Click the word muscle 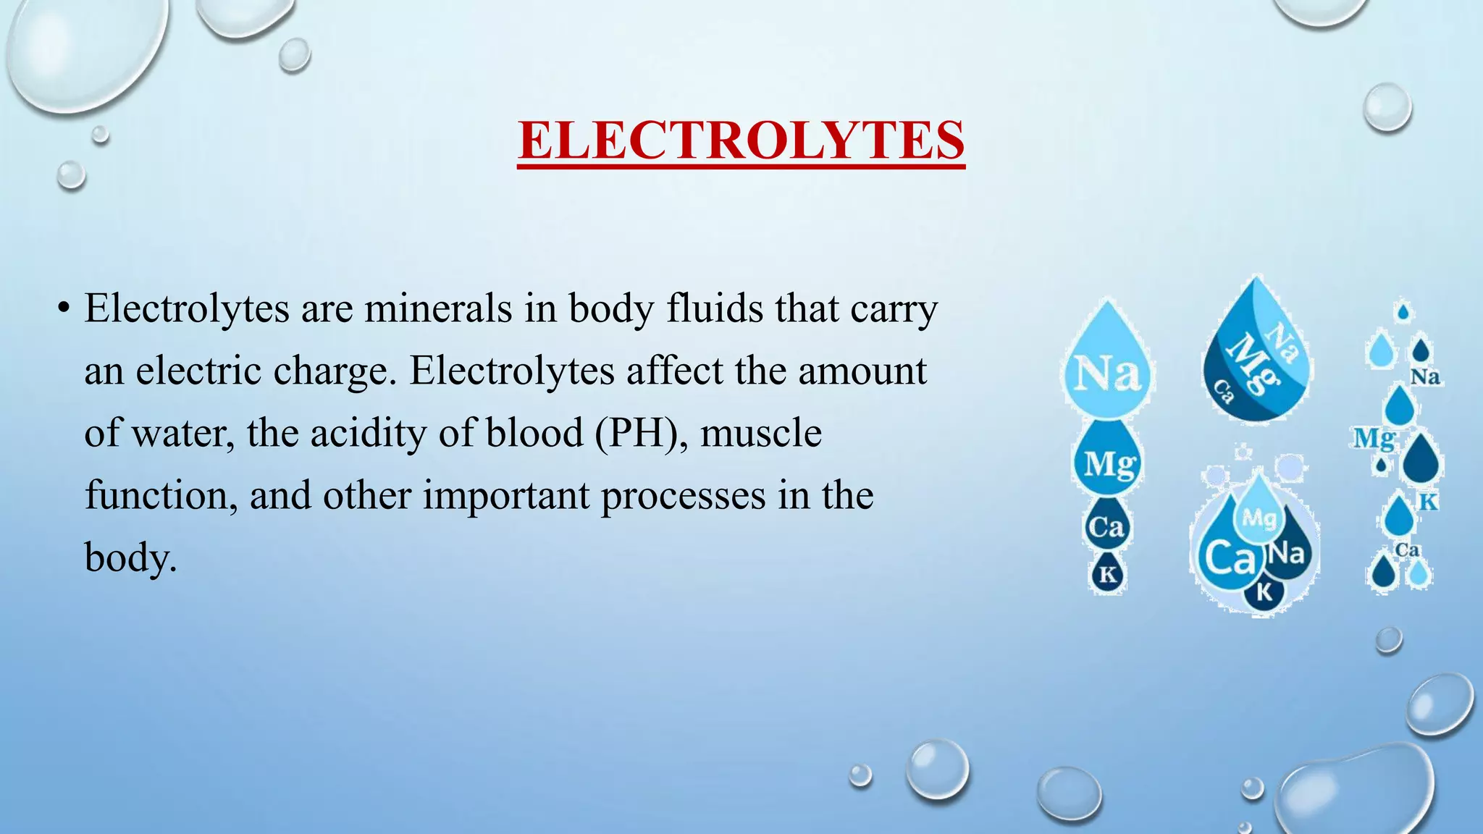pyautogui.click(x=761, y=434)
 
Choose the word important pyautogui.click(x=506, y=496)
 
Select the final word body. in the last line pyautogui.click(x=130, y=558)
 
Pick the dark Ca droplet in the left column pyautogui.click(x=1106, y=526)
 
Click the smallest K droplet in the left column pyautogui.click(x=1108, y=575)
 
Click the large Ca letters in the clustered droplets pyautogui.click(x=1229, y=558)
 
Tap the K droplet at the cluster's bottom pyautogui.click(x=1264, y=591)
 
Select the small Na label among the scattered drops pyautogui.click(x=1424, y=377)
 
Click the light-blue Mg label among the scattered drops pyautogui.click(x=1374, y=438)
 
